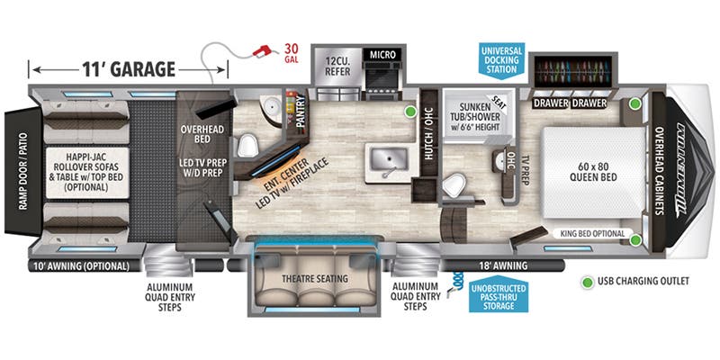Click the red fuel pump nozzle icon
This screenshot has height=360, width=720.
(262, 49)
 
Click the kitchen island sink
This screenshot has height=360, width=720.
(389, 160)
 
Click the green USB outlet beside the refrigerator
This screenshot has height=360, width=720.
(410, 112)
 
